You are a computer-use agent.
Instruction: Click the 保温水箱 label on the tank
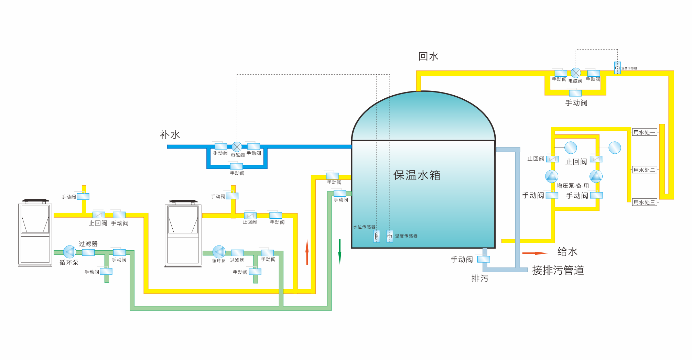coord(417,175)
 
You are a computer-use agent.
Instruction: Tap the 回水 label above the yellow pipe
coord(428,56)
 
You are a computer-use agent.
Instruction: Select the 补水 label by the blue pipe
coord(170,134)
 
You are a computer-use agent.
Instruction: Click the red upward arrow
coord(307,252)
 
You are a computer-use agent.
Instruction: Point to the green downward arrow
coord(340,252)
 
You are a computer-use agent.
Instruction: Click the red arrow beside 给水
coord(535,253)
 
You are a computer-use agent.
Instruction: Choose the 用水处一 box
coord(645,132)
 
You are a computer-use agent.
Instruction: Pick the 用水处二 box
coord(645,170)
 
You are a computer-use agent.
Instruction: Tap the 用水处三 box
coord(645,203)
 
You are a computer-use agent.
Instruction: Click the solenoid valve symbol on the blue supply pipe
coord(237,147)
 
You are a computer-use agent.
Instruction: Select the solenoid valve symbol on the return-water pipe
coord(576,73)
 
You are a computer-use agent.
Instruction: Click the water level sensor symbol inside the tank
coord(377,236)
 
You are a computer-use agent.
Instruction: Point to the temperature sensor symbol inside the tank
coord(390,236)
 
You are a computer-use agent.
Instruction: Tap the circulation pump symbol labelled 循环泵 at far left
coord(69,252)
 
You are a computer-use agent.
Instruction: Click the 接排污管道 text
coord(558,270)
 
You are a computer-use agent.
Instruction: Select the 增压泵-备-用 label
coord(573,186)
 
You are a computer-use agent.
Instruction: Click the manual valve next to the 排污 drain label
coord(484,259)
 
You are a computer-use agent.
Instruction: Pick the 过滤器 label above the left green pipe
coord(88,244)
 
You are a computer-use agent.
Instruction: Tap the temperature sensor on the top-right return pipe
coord(618,68)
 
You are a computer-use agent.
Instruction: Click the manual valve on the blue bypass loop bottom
coord(236,166)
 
